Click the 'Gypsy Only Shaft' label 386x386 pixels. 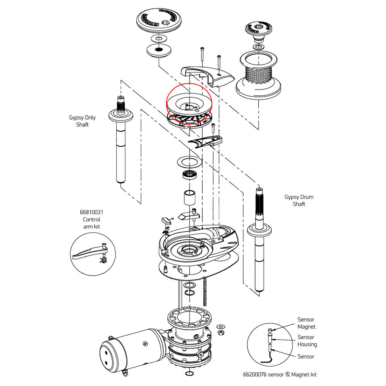(82, 121)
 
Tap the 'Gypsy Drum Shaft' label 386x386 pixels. (299, 200)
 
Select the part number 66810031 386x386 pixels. (91, 212)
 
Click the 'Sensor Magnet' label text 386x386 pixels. (306, 323)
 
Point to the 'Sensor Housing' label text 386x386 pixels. (307, 341)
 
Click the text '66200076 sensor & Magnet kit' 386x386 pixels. (280, 374)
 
